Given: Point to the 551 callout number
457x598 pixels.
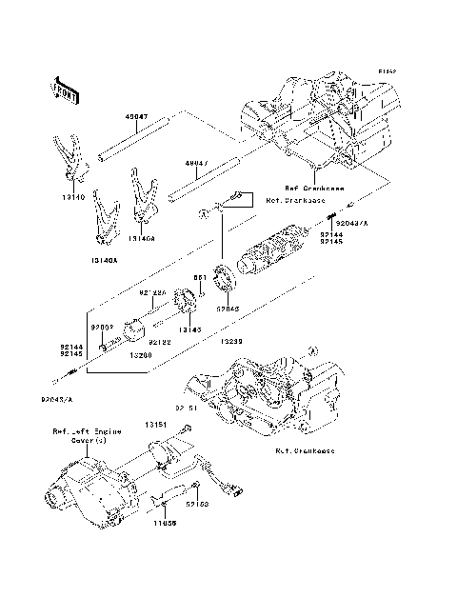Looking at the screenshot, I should click(200, 277).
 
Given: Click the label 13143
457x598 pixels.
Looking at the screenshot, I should click(190, 328).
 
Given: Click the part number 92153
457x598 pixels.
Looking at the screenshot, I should click(197, 504).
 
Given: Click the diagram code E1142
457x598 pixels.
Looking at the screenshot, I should click(386, 71).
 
